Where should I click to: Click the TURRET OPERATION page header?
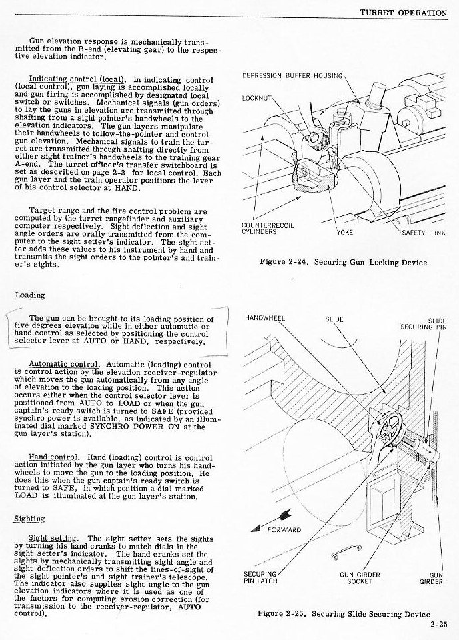pyautogui.click(x=404, y=12)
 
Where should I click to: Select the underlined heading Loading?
pyautogui.click(x=30, y=295)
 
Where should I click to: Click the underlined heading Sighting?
pyautogui.click(x=29, y=519)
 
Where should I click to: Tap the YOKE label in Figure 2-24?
pyautogui.click(x=345, y=233)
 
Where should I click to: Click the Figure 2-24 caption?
pyautogui.click(x=343, y=263)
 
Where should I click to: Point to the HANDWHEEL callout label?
pyautogui.click(x=265, y=318)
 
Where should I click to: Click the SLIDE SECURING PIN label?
pyautogui.click(x=424, y=323)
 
